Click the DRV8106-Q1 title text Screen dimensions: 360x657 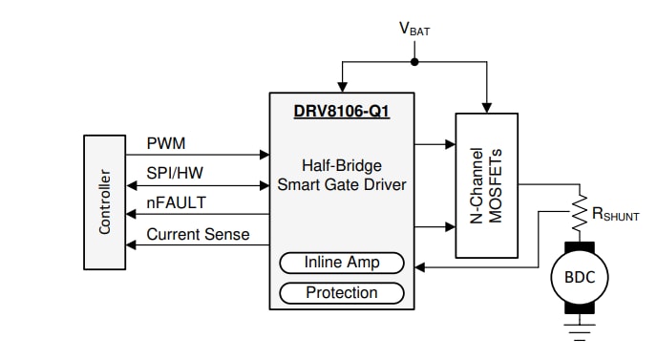point(341,111)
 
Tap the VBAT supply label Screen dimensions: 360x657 point(413,30)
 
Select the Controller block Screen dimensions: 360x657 point(104,201)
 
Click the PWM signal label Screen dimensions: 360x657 point(166,143)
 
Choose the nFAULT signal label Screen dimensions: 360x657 point(176,202)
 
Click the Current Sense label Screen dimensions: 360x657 point(198,234)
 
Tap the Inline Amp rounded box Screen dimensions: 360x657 point(341,263)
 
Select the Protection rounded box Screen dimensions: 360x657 point(341,292)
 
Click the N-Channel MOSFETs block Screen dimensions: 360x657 point(487,185)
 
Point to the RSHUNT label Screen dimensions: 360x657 point(615,216)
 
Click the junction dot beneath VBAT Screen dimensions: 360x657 point(413,63)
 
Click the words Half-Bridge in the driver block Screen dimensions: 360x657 point(341,164)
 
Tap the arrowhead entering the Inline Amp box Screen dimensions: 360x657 point(418,267)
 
